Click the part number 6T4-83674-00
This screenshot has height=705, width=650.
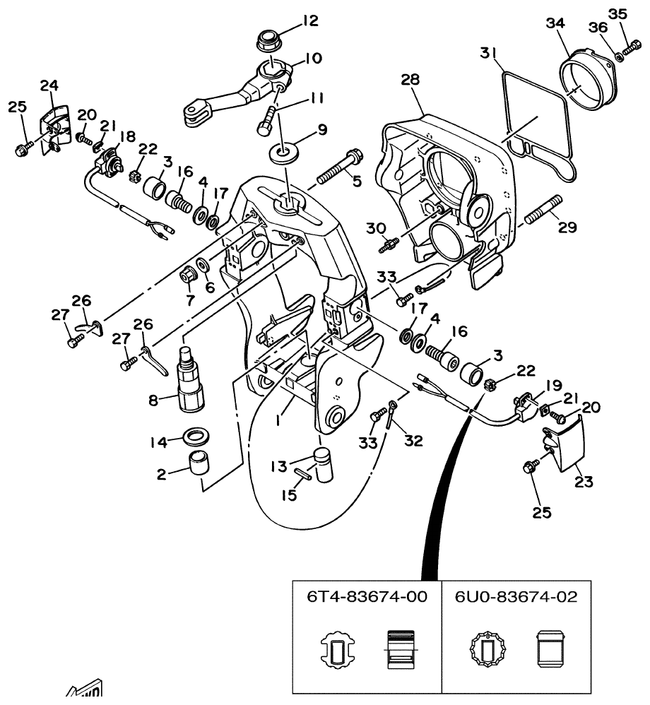367,597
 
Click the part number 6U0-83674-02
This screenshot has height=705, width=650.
516,597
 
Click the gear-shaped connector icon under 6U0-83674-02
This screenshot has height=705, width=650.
485,646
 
